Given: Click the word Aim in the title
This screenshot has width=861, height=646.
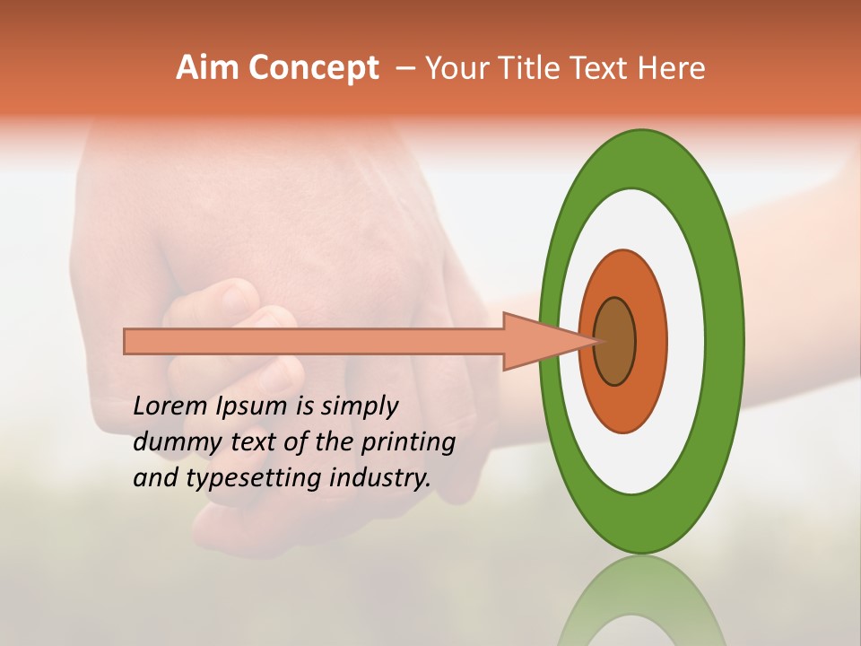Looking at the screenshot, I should [x=206, y=68].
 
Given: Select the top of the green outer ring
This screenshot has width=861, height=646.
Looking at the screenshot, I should [x=641, y=158].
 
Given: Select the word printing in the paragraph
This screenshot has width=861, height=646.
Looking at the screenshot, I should [x=408, y=443].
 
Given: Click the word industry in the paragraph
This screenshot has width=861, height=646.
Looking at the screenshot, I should [x=380, y=478].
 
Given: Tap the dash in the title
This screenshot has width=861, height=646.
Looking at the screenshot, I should [x=405, y=69].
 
